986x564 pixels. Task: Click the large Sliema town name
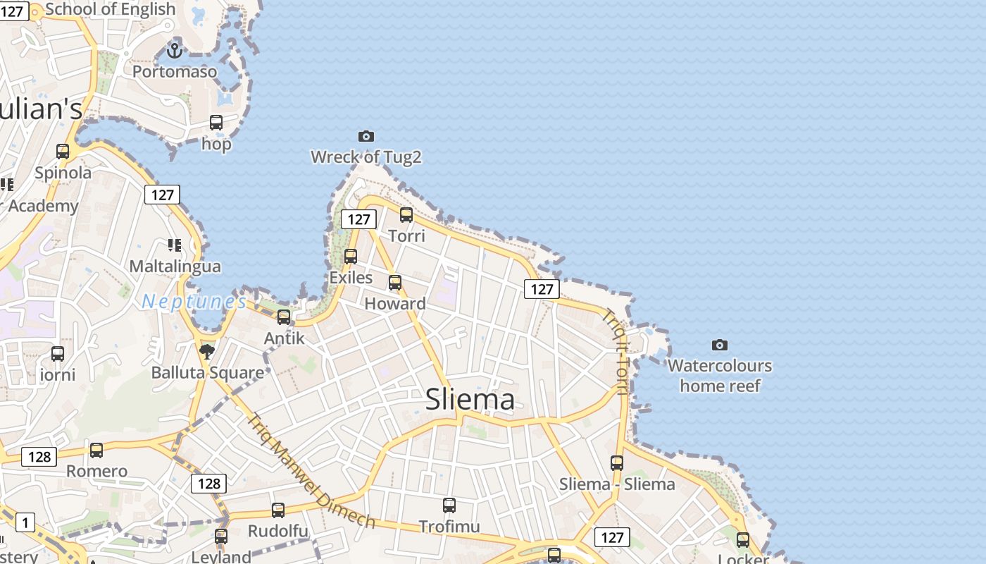[470, 400]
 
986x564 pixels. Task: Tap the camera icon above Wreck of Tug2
[366, 136]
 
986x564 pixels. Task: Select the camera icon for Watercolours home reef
[719, 345]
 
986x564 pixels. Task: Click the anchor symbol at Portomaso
[174, 50]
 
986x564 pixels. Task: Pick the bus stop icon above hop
[216, 123]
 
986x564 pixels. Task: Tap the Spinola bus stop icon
[63, 151]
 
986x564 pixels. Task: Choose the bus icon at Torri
[406, 214]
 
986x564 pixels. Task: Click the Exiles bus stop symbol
[351, 256]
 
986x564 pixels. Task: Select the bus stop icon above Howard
[395, 283]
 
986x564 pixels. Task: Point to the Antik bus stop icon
[284, 317]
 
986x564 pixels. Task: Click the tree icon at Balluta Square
[207, 351]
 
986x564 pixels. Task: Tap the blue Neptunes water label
[194, 302]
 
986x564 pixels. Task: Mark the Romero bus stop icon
[96, 450]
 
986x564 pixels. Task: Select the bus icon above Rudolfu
[278, 510]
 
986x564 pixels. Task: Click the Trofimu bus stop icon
[449, 505]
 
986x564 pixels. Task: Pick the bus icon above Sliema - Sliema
[617, 462]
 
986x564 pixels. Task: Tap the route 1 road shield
[25, 522]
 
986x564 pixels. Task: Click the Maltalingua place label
[175, 266]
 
